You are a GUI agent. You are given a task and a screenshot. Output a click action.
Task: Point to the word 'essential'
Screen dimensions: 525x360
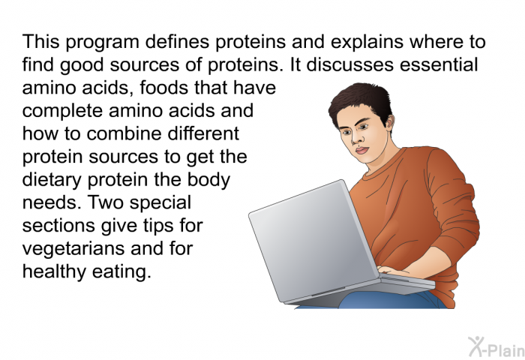click(x=438, y=64)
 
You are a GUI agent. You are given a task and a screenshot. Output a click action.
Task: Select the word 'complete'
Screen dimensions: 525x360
click(x=62, y=111)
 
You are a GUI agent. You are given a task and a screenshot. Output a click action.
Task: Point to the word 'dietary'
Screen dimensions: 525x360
click(x=52, y=180)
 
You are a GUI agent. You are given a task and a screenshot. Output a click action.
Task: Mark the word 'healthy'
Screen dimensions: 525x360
click(x=54, y=271)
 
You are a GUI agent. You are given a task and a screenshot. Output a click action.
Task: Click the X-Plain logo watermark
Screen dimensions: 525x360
click(x=496, y=346)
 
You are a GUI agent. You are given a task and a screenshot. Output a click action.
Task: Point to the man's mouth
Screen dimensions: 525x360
click(x=361, y=150)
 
